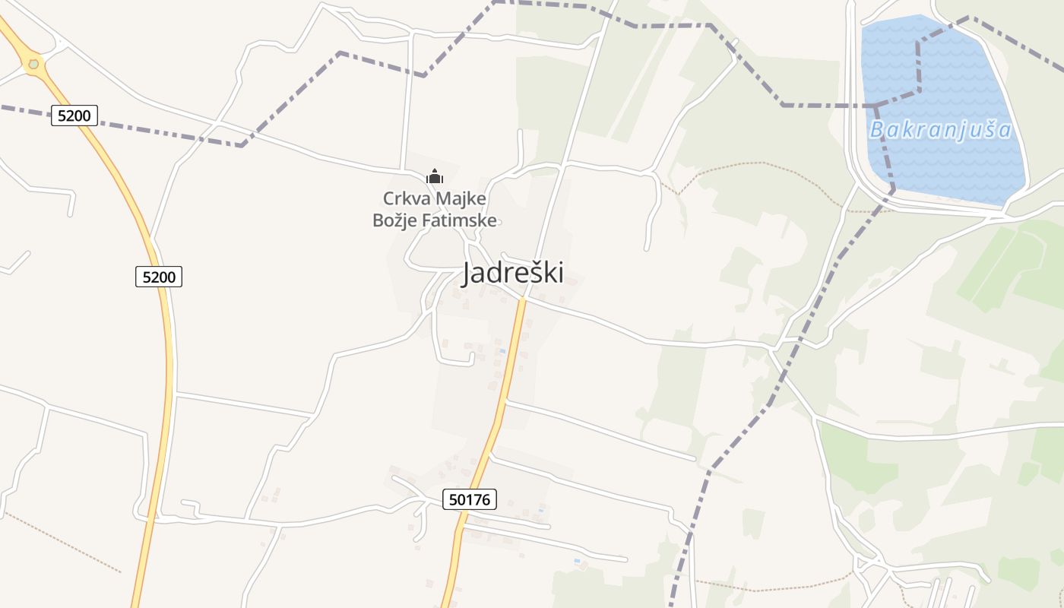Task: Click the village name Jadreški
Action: (513, 273)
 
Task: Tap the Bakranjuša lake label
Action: (941, 130)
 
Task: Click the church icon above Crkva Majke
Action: (435, 177)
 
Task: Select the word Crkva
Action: (405, 199)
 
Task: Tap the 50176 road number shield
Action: (469, 499)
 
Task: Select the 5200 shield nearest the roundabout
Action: (74, 116)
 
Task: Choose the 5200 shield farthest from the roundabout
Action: (159, 277)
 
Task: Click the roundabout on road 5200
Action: (33, 65)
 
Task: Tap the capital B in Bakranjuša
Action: (876, 130)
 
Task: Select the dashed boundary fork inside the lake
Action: (876, 105)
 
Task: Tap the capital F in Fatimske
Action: (426, 221)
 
